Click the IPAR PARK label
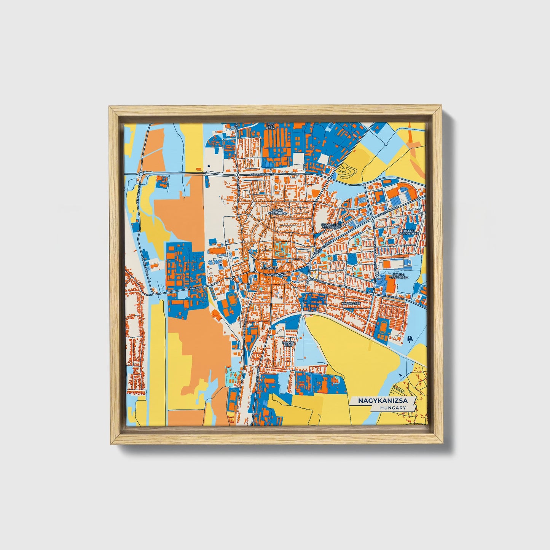coord(270,127)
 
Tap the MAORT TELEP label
coord(288,344)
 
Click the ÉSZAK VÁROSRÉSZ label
coord(277,211)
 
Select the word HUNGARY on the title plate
coord(392,407)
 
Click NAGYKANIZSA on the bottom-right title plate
coord(383,400)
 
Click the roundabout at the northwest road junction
coord(141,174)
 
